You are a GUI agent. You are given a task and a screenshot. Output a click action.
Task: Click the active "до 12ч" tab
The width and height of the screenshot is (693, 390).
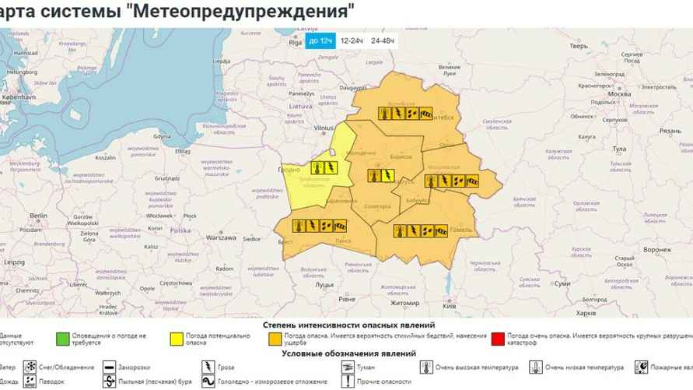tap(320, 40)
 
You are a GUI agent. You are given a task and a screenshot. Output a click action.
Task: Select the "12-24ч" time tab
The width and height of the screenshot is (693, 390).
tap(352, 40)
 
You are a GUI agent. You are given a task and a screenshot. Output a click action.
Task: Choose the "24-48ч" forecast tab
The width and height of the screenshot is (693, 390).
tap(382, 40)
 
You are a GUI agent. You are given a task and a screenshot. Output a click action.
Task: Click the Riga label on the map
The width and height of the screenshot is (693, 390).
tap(296, 44)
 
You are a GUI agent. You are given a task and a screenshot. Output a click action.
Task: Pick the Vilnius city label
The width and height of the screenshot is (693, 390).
tap(322, 128)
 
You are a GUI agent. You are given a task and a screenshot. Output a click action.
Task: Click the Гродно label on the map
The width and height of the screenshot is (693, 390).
tap(289, 170)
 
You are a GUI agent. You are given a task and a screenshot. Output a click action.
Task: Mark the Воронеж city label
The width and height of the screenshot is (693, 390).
tap(657, 249)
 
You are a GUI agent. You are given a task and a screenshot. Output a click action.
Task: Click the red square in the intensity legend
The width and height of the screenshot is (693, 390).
tap(498, 339)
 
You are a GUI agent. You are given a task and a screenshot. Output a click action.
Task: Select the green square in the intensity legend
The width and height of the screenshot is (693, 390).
tap(62, 339)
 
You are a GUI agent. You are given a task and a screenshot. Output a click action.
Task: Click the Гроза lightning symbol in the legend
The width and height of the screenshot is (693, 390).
tap(208, 367)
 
